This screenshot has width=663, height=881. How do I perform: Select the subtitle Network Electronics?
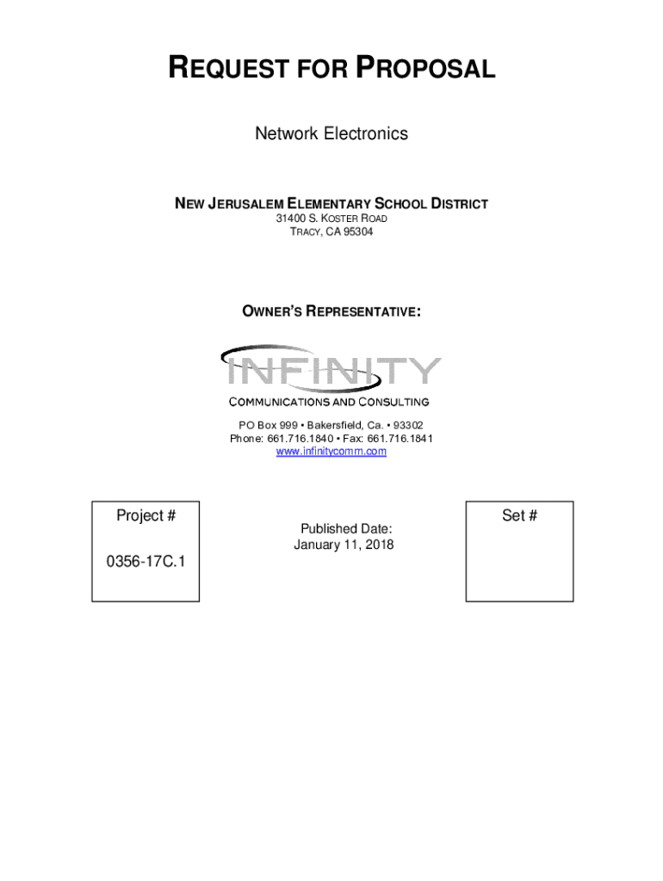tap(331, 134)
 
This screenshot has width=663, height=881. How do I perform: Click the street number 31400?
tap(291, 219)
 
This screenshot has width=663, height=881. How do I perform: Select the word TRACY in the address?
tap(304, 232)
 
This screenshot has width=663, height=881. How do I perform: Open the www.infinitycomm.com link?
tap(331, 452)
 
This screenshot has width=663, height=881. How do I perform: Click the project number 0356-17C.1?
tap(146, 562)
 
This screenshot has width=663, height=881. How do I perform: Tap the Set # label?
tap(519, 515)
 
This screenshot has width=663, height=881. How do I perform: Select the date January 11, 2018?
tap(344, 545)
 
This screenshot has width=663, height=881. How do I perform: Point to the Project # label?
tap(146, 515)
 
